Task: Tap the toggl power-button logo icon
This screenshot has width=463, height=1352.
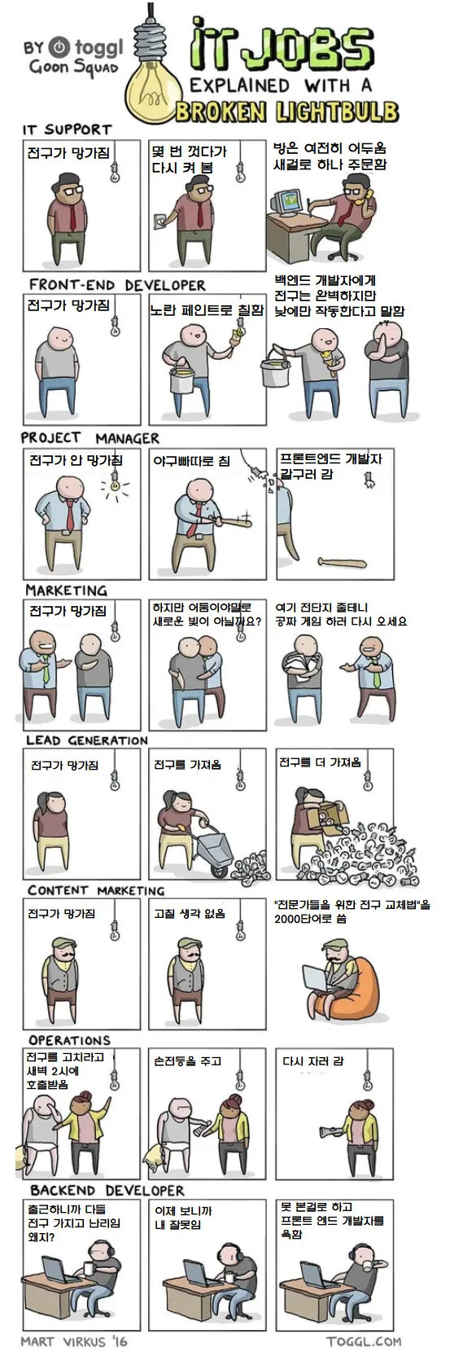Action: coord(59,46)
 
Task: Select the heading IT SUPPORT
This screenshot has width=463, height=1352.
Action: coord(66,129)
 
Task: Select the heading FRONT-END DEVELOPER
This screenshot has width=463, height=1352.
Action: coord(117,285)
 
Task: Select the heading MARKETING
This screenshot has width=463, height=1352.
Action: coord(66,590)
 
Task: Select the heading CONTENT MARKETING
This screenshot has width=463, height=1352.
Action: coord(96,890)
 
